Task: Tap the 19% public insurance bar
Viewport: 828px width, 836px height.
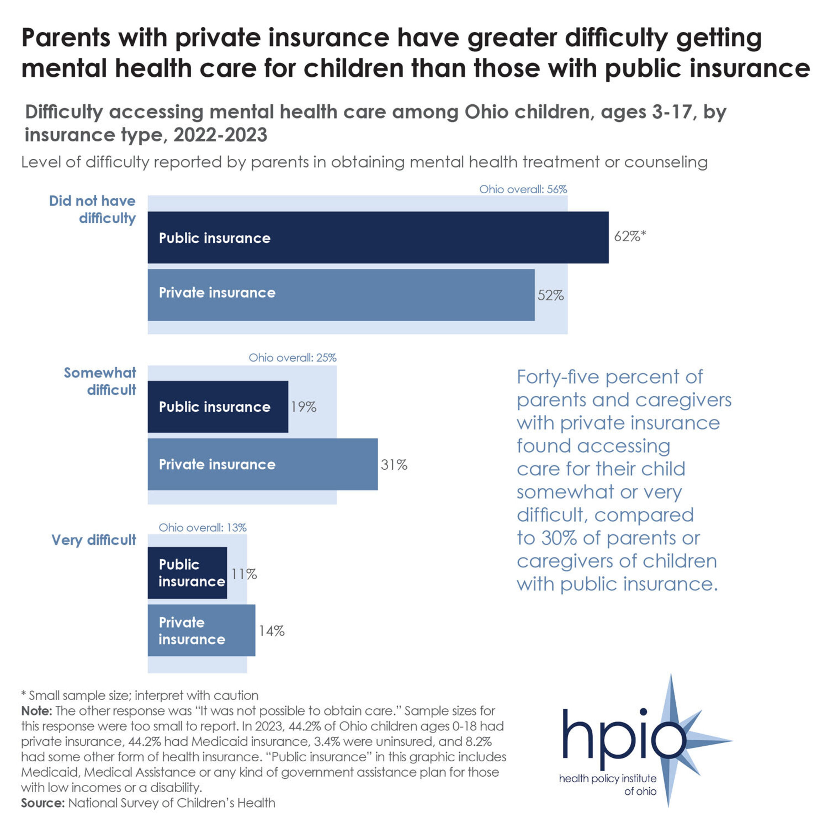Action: (x=217, y=406)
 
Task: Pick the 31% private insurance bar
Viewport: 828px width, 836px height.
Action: (x=262, y=464)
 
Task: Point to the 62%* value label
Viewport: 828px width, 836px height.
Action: (x=630, y=236)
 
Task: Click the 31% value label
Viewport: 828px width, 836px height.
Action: (x=394, y=465)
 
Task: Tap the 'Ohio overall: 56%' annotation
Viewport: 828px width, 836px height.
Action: (x=523, y=189)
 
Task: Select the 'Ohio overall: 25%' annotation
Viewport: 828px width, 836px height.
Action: (x=292, y=357)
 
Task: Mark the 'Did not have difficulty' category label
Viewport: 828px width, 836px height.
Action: (x=93, y=210)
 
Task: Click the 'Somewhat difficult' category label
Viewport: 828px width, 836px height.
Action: (x=100, y=381)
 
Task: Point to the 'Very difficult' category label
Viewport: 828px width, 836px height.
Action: (x=94, y=540)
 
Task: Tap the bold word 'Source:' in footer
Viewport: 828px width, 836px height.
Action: (x=43, y=803)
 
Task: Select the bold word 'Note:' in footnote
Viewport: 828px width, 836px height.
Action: (x=37, y=711)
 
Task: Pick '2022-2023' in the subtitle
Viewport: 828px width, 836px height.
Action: (x=220, y=135)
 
